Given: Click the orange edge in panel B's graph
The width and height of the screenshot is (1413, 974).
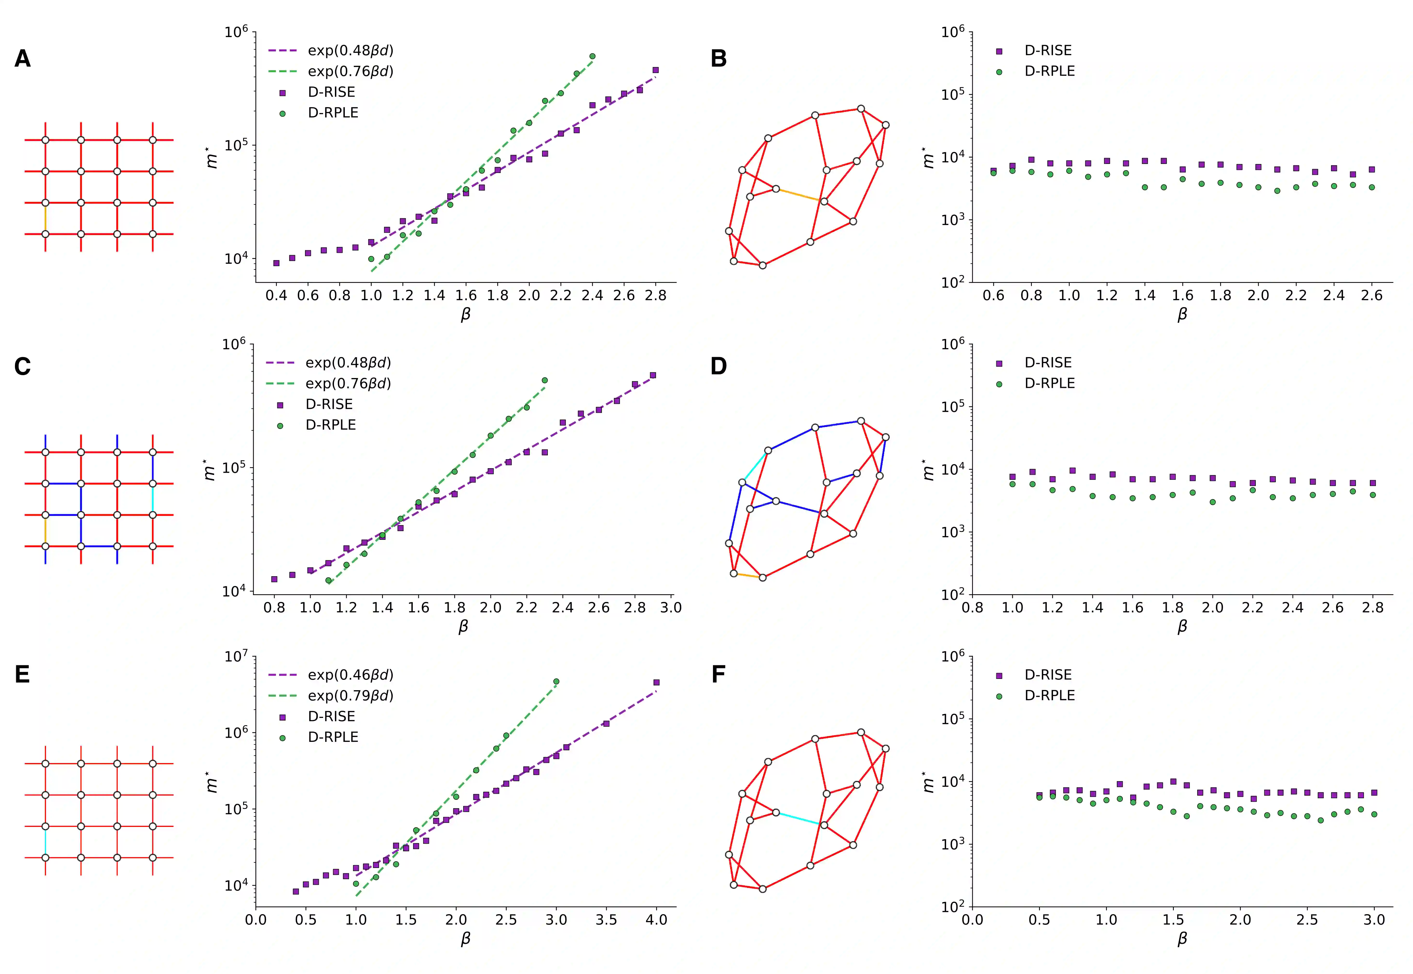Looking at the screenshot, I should pyautogui.click(x=800, y=195).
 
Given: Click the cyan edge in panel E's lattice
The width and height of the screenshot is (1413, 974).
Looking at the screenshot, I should pyautogui.click(x=45, y=842).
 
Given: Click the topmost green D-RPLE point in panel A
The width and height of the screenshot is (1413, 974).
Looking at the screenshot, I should pyautogui.click(x=592, y=56).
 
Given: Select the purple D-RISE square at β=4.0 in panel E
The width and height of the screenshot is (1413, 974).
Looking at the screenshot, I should pyautogui.click(x=656, y=682).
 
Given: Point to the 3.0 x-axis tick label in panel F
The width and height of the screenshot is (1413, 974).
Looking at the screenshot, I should pyautogui.click(x=1374, y=920).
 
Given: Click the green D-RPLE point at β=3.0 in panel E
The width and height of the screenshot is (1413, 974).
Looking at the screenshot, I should pyautogui.click(x=556, y=682).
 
